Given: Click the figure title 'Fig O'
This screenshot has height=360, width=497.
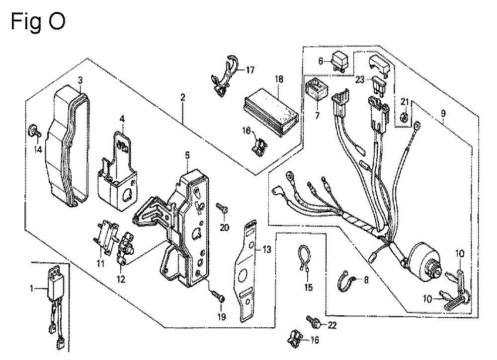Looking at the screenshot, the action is pyautogui.click(x=38, y=21).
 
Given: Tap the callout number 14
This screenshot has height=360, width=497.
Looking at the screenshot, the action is pyautogui.click(x=38, y=149).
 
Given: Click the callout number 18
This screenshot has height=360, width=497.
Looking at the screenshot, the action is pyautogui.click(x=279, y=79).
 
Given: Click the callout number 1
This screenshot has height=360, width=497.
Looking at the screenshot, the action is pyautogui.click(x=31, y=289).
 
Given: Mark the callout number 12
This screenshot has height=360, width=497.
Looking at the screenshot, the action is pyautogui.click(x=121, y=280).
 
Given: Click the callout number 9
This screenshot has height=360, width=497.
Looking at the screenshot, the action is pyautogui.click(x=443, y=113).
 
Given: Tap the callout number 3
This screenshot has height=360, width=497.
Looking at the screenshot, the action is pyautogui.click(x=81, y=80).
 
